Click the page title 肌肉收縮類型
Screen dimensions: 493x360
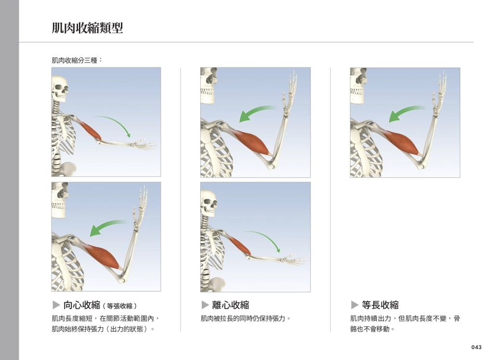(88, 27)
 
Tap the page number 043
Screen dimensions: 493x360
(476, 347)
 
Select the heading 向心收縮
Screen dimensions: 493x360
(82, 305)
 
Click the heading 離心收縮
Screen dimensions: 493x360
(231, 305)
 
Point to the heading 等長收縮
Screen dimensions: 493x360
(380, 305)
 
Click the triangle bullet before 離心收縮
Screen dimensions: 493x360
(205, 305)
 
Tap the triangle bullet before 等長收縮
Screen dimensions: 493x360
(355, 305)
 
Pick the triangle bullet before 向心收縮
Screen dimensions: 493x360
(56, 305)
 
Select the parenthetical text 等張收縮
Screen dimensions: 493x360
(119, 306)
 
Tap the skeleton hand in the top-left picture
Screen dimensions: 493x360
(143, 145)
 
